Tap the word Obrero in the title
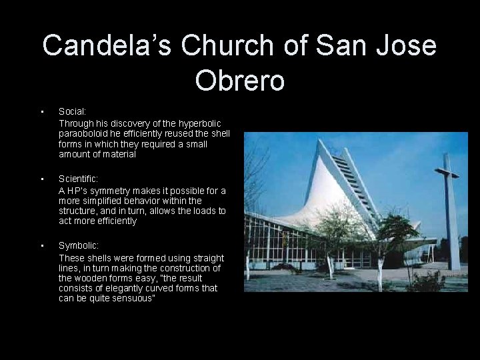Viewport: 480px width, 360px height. click(240, 80)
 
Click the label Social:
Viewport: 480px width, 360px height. click(72, 112)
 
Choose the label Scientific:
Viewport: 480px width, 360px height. click(79, 179)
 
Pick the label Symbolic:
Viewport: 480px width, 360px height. click(79, 246)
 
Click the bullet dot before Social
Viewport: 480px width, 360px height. click(41, 112)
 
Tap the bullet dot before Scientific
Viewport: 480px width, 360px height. click(41, 179)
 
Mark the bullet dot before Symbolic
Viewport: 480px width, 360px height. click(41, 246)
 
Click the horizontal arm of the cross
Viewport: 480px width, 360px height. click(446, 173)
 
